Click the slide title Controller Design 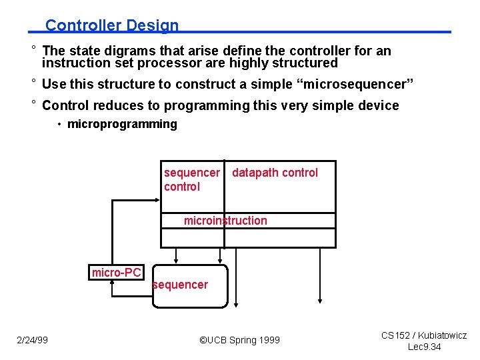112,25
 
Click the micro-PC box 117,272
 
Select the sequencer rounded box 190,287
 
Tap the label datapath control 275,173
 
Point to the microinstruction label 225,221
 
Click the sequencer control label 191,179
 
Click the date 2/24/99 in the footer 32,340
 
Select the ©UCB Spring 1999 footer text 240,340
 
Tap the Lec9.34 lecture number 424,347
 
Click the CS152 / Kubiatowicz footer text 424,335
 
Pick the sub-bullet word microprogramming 122,124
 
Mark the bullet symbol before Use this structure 33,83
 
